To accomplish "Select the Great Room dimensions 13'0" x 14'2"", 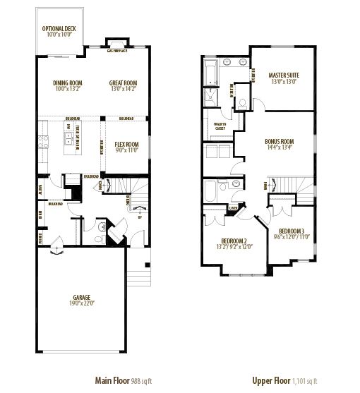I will [122, 90].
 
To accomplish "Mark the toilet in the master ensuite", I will [241, 104].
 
